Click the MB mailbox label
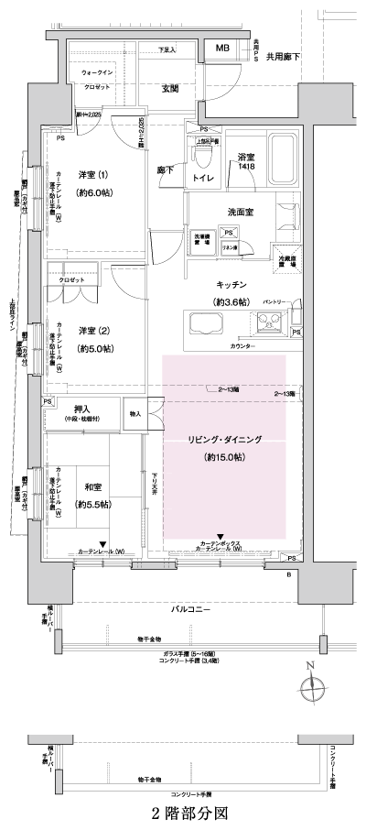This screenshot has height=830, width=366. point(223,48)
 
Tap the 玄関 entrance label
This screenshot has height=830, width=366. point(171,88)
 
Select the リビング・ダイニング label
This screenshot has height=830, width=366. point(223,440)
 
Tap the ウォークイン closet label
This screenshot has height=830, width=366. point(97,71)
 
